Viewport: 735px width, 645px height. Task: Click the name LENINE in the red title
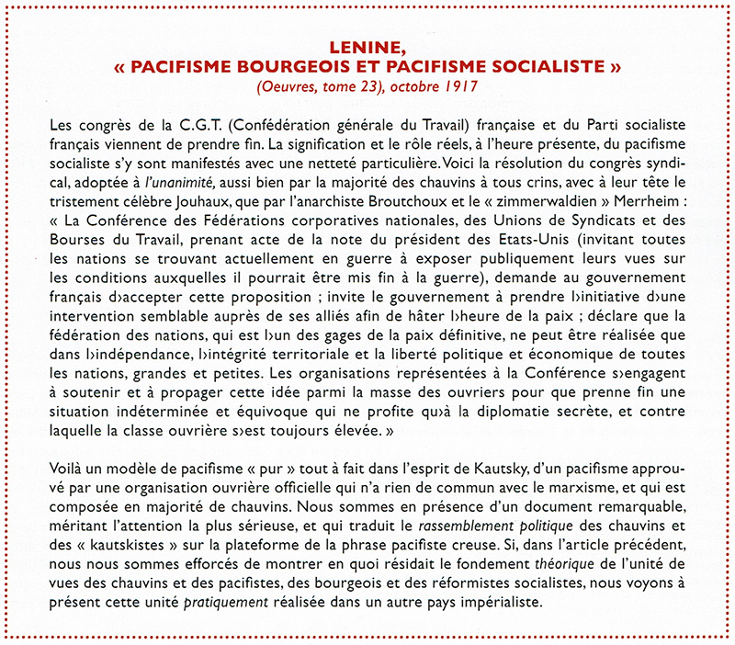367,48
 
